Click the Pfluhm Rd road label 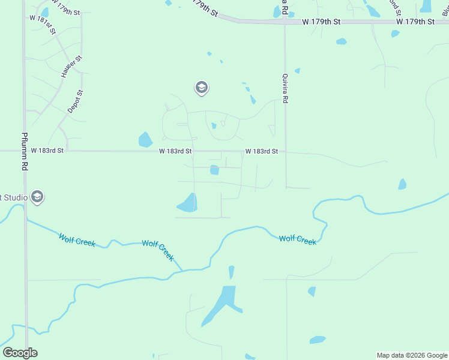pos(25,149)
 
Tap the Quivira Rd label pos(285,89)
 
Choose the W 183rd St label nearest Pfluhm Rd pos(47,151)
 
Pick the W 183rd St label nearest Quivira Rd pos(261,151)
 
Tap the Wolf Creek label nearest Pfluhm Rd pos(77,240)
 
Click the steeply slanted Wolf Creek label pos(158,250)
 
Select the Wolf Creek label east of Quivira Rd pos(298,240)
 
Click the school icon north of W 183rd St pos(201,88)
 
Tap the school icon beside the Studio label pos(37,197)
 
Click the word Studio pos(13,197)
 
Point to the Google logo pos(20,353)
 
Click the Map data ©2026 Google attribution pos(412,355)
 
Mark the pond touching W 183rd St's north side pos(145,140)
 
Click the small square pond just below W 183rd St pos(214,170)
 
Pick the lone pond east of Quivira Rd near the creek pos(402,184)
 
